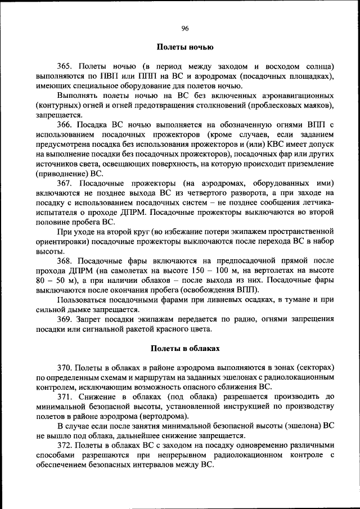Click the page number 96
pos(184,28)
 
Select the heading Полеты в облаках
pos(184,349)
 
